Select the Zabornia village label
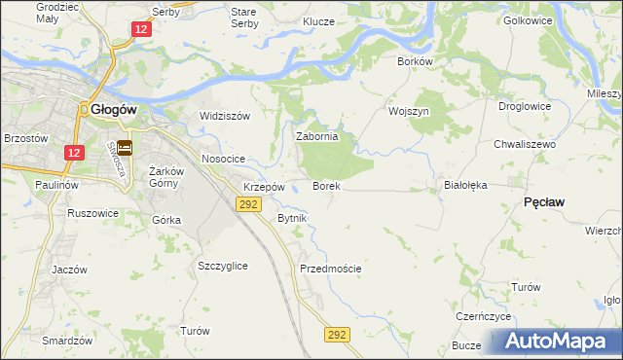316,137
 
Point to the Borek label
325,185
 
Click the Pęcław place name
545,201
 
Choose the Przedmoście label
331,269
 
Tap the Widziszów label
225,116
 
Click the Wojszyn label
409,111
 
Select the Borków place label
415,60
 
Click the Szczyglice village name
222,266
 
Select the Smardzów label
67,342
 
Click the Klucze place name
318,21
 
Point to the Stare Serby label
243,18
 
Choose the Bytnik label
292,218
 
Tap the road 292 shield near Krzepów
247,203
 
